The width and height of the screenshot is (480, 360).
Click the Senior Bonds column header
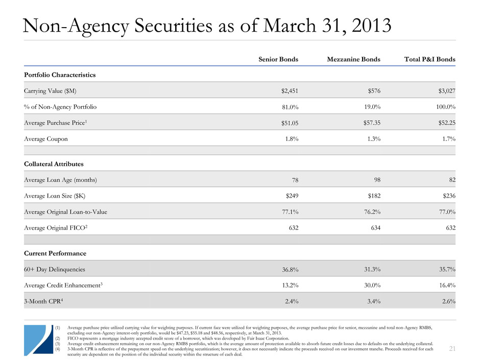point(278,59)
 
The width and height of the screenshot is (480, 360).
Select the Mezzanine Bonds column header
point(353,59)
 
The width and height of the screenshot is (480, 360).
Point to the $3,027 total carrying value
point(445,91)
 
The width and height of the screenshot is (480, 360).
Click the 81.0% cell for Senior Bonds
point(288,107)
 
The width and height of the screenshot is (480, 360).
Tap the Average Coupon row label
point(45,139)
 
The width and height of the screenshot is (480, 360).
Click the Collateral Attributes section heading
point(54,164)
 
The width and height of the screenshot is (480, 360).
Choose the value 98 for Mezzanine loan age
point(376,179)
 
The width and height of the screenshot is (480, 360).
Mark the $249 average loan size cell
point(290,196)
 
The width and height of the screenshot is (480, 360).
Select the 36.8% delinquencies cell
point(288,270)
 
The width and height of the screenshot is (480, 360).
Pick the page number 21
point(452,348)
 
